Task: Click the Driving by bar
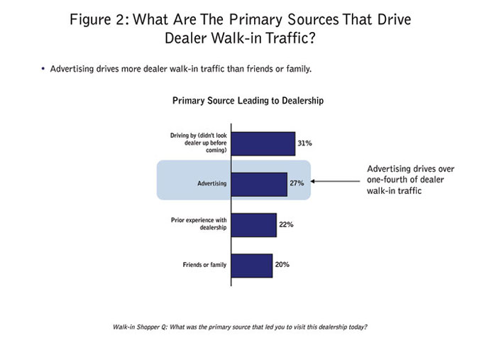(263, 143)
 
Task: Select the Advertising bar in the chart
(260, 183)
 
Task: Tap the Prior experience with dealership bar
(254, 224)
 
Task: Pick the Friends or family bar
(252, 265)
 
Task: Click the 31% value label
(304, 143)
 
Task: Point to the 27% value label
(297, 183)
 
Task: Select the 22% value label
(286, 224)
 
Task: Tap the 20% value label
(282, 265)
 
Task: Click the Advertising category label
(212, 184)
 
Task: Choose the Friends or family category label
(204, 266)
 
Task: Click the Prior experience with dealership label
(198, 225)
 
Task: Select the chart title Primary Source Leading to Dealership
(248, 101)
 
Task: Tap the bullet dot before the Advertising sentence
(43, 69)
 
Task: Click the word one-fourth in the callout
(390, 180)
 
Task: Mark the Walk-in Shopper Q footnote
(239, 327)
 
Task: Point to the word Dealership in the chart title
(300, 101)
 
